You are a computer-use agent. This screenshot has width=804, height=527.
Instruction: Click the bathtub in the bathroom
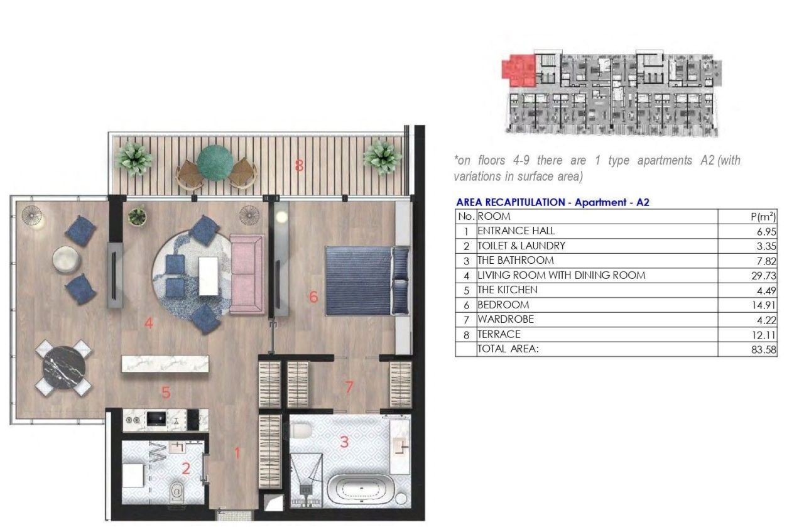point(363,489)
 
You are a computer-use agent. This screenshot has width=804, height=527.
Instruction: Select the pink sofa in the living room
point(247,274)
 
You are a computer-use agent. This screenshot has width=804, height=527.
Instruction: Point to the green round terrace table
point(216,163)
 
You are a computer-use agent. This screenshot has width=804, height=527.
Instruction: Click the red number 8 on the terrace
point(300,166)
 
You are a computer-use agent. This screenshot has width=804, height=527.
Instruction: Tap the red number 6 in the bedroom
point(313,296)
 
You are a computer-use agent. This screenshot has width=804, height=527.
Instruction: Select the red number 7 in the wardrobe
point(349,388)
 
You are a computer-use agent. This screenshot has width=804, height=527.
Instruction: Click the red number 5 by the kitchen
point(166,393)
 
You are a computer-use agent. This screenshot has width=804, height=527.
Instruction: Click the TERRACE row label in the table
point(499,335)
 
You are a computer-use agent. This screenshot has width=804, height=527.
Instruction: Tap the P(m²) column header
point(763,217)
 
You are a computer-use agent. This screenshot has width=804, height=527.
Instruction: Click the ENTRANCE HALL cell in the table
point(516,231)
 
